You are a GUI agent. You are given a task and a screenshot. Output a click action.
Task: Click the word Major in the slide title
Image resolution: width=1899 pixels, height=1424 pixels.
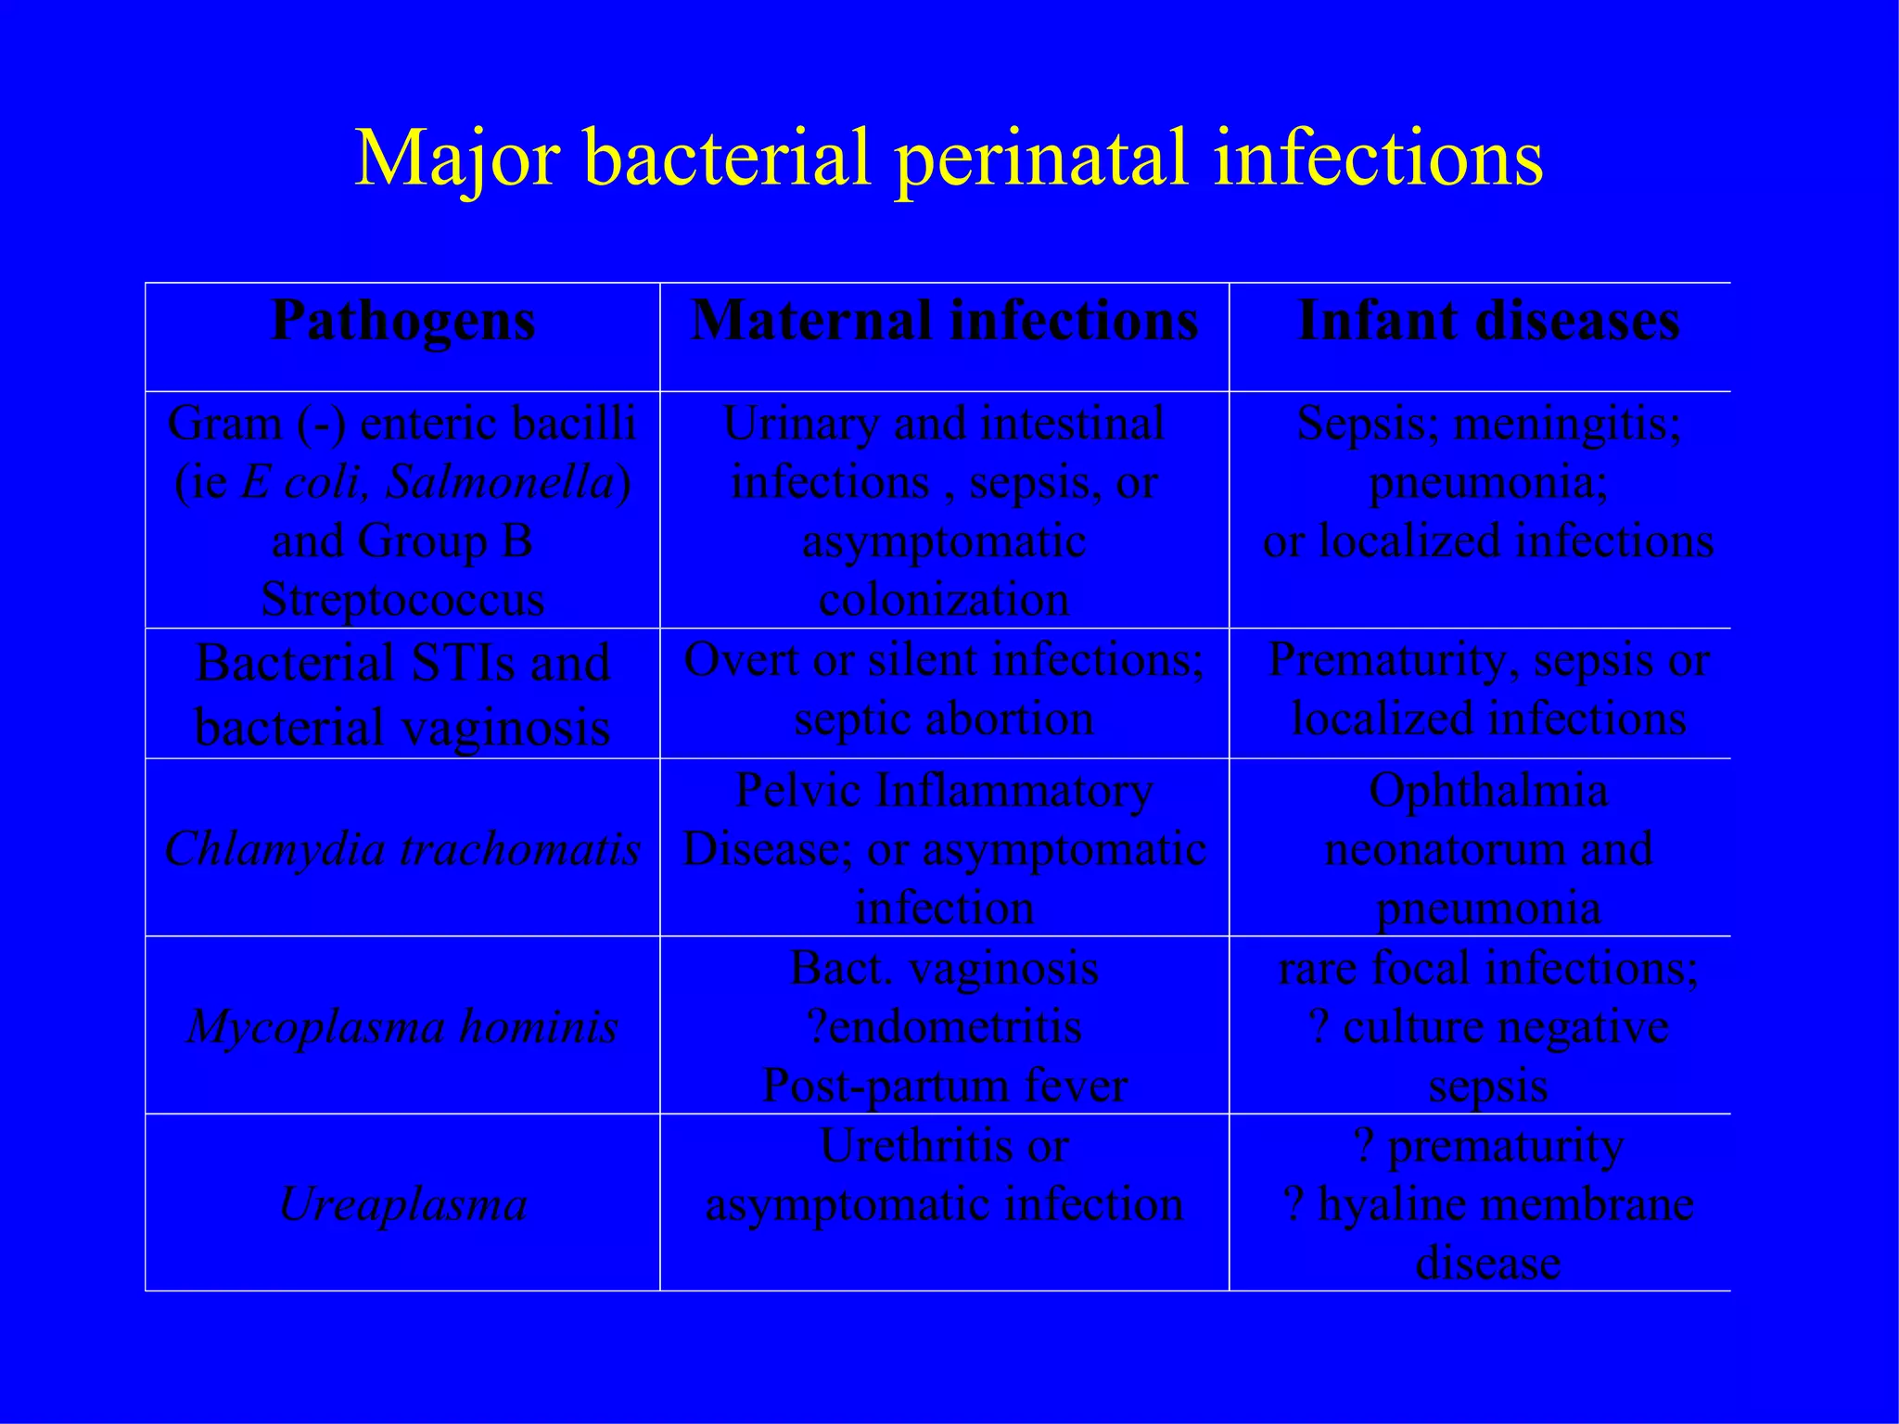tap(457, 158)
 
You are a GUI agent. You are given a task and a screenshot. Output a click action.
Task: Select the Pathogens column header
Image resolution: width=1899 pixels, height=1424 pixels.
tap(402, 322)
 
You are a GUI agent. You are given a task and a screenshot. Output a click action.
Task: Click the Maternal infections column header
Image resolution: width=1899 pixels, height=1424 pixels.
tap(944, 322)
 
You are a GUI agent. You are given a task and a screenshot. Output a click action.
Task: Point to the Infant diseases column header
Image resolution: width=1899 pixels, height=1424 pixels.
tap(1488, 322)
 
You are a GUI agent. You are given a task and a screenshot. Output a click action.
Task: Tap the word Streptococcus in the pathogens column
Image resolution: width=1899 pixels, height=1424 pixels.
tap(402, 599)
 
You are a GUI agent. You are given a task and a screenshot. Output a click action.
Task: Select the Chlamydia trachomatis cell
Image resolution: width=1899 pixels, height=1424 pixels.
tap(402, 848)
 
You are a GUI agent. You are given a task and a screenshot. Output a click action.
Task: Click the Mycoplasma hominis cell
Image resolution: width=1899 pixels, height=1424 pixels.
tap(402, 1026)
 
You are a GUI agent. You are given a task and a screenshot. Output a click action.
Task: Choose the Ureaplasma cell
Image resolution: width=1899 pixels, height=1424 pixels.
tap(402, 1204)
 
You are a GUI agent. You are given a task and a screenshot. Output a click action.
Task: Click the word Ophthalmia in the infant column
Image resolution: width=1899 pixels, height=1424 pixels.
tap(1488, 791)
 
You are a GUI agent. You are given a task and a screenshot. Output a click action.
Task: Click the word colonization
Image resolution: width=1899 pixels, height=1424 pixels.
tap(944, 599)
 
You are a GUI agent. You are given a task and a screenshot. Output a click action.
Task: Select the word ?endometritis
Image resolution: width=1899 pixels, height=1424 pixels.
tap(944, 1026)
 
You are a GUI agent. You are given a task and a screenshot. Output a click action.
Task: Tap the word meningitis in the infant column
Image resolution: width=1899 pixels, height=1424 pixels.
tap(1567, 424)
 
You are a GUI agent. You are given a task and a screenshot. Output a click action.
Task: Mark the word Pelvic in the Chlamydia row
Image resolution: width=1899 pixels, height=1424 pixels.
tap(798, 791)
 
